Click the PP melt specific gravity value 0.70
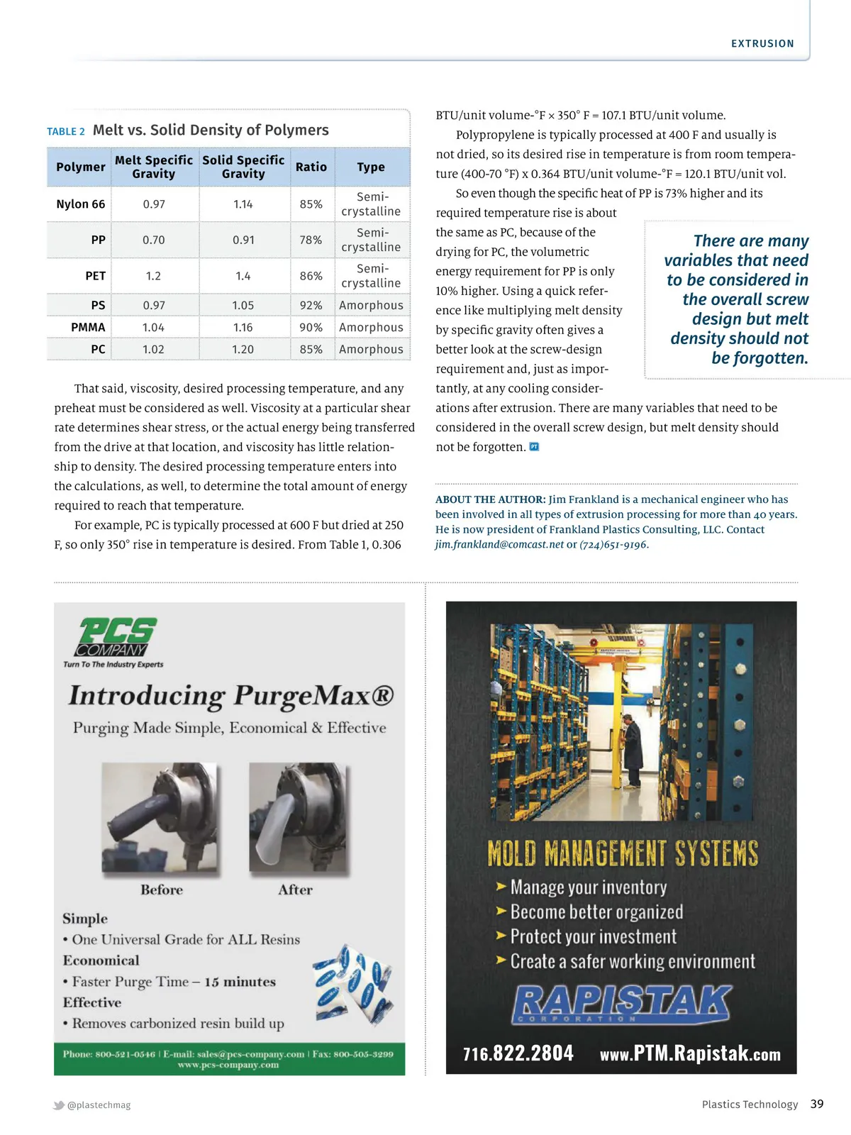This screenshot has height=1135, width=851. pyautogui.click(x=153, y=240)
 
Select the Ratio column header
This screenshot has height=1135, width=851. pyautogui.click(x=311, y=167)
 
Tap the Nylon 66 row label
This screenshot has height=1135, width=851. pyautogui.click(x=81, y=204)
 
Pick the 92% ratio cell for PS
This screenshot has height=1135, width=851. pyautogui.click(x=311, y=305)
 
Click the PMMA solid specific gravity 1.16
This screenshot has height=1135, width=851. pyautogui.click(x=243, y=327)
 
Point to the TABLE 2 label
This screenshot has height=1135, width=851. pyautogui.click(x=66, y=131)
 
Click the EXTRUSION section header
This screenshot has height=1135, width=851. pyautogui.click(x=762, y=43)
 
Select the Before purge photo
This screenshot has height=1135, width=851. pyautogui.click(x=160, y=818)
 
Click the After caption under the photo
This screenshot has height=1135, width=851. pyautogui.click(x=295, y=890)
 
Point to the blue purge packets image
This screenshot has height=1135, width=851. pyautogui.click(x=354, y=985)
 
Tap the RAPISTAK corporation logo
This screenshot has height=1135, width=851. pyautogui.click(x=621, y=1003)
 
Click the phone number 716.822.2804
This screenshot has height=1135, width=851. pyautogui.click(x=518, y=1053)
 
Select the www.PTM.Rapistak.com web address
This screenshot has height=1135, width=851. pyautogui.click(x=690, y=1053)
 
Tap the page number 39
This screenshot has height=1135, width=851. pyautogui.click(x=817, y=1104)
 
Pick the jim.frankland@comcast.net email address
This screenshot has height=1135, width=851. pyautogui.click(x=500, y=544)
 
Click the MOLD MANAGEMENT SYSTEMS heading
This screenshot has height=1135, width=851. pyautogui.click(x=623, y=853)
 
